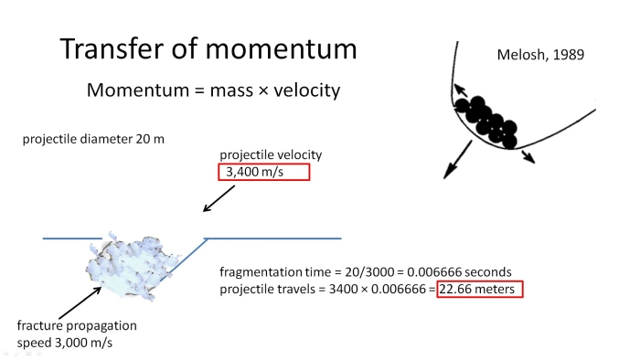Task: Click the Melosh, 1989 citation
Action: click(539, 56)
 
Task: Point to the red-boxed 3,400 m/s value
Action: click(264, 172)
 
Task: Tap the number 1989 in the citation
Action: click(565, 56)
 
